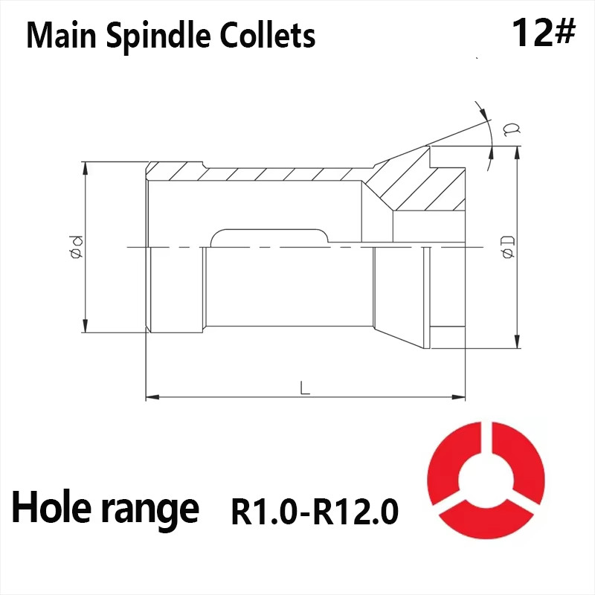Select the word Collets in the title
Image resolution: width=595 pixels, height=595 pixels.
[268, 36]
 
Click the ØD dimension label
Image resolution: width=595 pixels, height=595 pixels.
[509, 246]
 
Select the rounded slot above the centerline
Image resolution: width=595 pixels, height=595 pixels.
[269, 237]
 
